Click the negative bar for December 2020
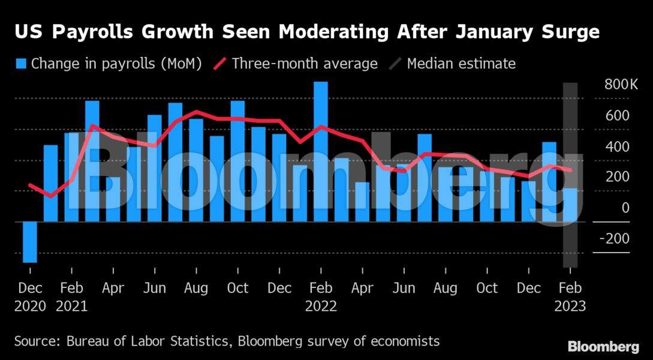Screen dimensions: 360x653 [x=30, y=242]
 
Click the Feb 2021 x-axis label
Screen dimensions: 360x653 [x=71, y=297]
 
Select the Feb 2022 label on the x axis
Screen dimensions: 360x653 [x=321, y=297]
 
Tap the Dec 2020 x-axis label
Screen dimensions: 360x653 [x=30, y=297]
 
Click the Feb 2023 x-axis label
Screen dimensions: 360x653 [x=570, y=297]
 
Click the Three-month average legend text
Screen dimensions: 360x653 [x=305, y=64]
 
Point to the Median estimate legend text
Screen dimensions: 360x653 [x=461, y=64]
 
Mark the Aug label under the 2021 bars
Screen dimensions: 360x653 [x=196, y=289]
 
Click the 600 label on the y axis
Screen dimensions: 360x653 [x=617, y=116]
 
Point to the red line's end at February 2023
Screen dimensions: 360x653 [x=571, y=170]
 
